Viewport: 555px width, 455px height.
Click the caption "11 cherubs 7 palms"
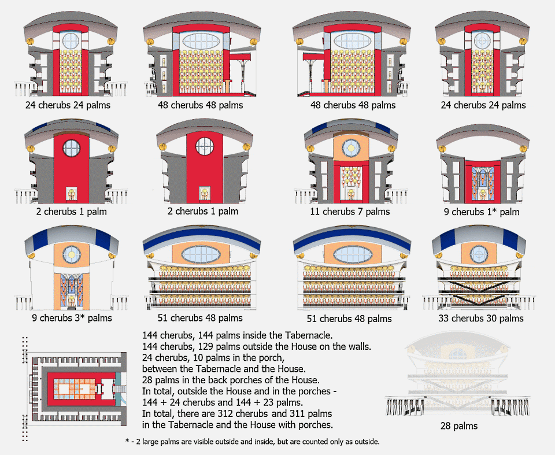point(350,212)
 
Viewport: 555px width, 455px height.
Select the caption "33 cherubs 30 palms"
point(480,319)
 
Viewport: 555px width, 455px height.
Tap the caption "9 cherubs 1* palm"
point(482,212)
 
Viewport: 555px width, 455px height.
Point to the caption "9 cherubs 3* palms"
point(72,318)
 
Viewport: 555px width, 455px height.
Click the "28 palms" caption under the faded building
point(459,426)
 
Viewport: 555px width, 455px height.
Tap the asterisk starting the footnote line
point(127,441)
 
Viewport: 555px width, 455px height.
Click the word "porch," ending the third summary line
point(272,358)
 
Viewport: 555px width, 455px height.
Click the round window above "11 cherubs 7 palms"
point(351,148)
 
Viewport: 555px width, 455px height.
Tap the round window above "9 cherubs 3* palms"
point(72,254)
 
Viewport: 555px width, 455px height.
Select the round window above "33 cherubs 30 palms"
point(479,254)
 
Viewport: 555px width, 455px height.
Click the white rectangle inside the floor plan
point(64,389)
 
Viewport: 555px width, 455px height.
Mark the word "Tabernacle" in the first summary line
point(309,335)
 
